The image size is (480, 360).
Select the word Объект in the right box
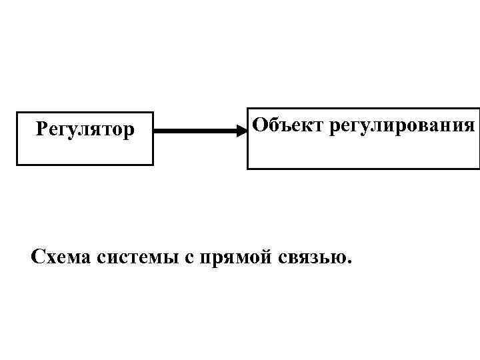(x=281, y=124)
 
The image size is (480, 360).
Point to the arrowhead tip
(x=247, y=131)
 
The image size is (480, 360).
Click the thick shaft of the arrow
(x=197, y=131)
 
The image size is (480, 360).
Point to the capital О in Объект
(x=259, y=123)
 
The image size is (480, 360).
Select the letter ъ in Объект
(x=281, y=125)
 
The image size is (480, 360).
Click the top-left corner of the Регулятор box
(x=17, y=113)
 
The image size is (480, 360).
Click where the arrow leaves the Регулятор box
(x=154, y=131)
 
